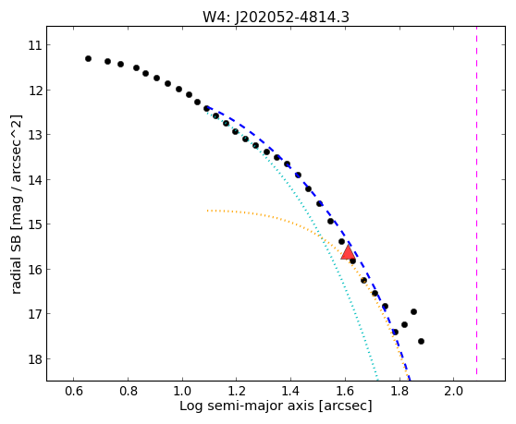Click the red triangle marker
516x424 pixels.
pyautogui.click(x=349, y=252)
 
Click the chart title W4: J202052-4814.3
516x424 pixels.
pyautogui.click(x=276, y=17)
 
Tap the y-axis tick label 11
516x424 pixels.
pyautogui.click(x=35, y=45)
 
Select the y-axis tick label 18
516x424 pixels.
pyautogui.click(x=35, y=359)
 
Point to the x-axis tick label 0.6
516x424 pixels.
pyautogui.click(x=74, y=391)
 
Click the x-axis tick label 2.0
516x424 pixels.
pyautogui.click(x=453, y=391)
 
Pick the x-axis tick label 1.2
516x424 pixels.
pyautogui.click(x=237, y=391)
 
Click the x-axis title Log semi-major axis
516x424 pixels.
pyautogui.click(x=247, y=406)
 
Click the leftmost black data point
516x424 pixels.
pyautogui.click(x=88, y=58)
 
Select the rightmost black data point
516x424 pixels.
pyautogui.click(x=422, y=341)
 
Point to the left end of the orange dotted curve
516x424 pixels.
pyautogui.click(x=208, y=211)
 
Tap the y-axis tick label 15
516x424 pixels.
pyautogui.click(x=35, y=224)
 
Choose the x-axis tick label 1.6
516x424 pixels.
pyautogui.click(x=345, y=391)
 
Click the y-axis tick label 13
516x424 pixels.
pyautogui.click(x=35, y=135)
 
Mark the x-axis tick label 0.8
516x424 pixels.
pyautogui.click(x=128, y=391)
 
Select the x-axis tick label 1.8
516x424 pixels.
pyautogui.click(x=399, y=391)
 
